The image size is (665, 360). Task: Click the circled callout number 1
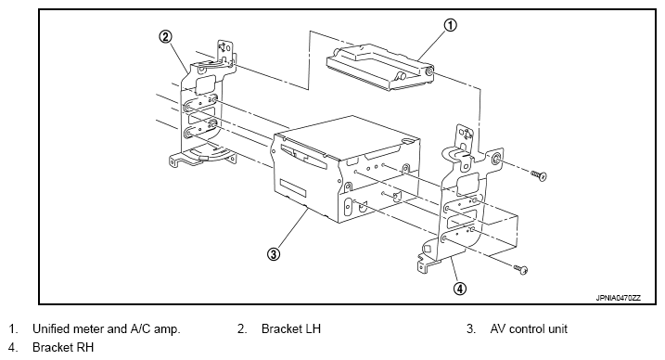(451, 25)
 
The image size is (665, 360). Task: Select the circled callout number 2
(165, 37)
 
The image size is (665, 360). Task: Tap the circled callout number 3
(274, 254)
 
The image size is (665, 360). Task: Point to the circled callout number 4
(460, 289)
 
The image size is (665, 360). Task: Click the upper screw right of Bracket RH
(539, 175)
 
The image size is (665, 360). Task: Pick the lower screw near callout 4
(521, 269)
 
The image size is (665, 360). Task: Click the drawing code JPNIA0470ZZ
(619, 298)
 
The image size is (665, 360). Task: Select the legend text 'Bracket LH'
(291, 328)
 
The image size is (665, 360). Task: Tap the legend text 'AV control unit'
(529, 328)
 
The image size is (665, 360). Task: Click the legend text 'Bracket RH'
(63, 347)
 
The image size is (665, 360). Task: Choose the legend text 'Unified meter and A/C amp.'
(107, 328)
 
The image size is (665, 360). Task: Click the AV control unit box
(346, 170)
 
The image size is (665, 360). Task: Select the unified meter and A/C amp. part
(379, 68)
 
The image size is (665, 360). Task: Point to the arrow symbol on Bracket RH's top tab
(466, 135)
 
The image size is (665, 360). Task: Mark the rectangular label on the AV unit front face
(293, 187)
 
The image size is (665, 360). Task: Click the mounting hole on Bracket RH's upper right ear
(495, 161)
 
